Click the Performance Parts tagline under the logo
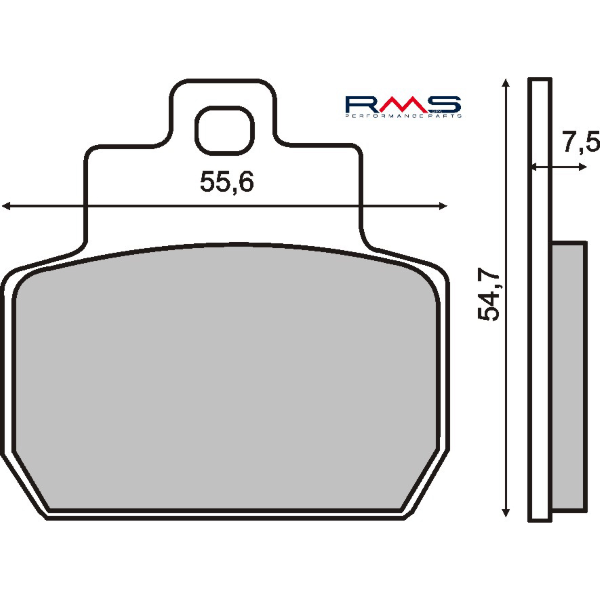pyautogui.click(x=402, y=118)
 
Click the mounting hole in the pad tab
pyautogui.click(x=221, y=128)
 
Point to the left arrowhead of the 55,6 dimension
pyautogui.click(x=8, y=206)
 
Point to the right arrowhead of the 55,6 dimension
pyautogui.click(x=441, y=206)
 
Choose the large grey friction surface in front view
pyautogui.click(x=225, y=380)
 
